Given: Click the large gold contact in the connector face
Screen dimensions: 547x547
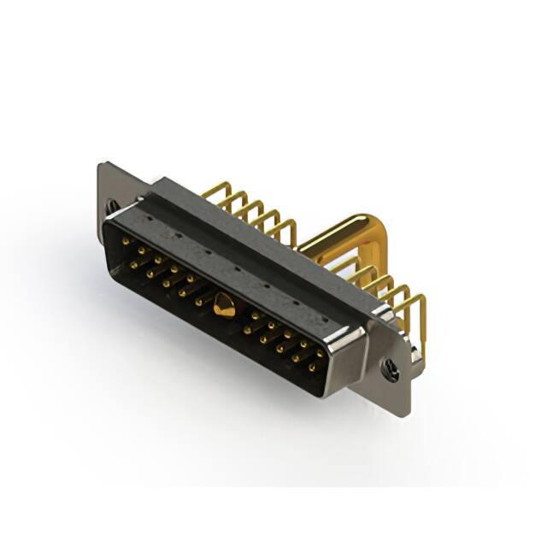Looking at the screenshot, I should coord(224,305).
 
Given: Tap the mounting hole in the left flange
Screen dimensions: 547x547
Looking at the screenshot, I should coord(111,205).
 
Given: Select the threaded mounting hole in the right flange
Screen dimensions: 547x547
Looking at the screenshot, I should coord(391,370).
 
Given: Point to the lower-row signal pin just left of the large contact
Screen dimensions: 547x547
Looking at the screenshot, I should coord(198,301).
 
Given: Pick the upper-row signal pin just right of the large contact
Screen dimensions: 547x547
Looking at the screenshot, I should coord(255,315).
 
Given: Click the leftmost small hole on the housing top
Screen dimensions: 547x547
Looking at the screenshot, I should coord(152,219).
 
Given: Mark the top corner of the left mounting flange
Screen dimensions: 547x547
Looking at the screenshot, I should coord(102,164).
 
